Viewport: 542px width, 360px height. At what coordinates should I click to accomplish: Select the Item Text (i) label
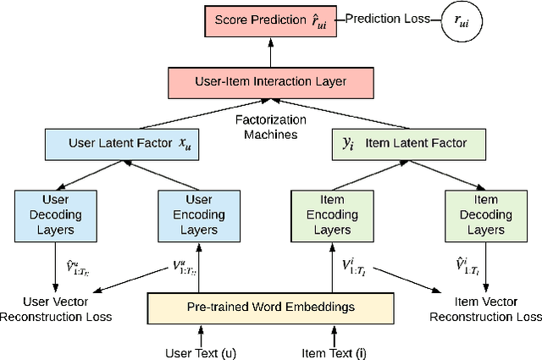[x=335, y=352]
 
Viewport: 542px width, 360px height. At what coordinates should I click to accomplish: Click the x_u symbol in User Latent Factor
[x=185, y=144]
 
